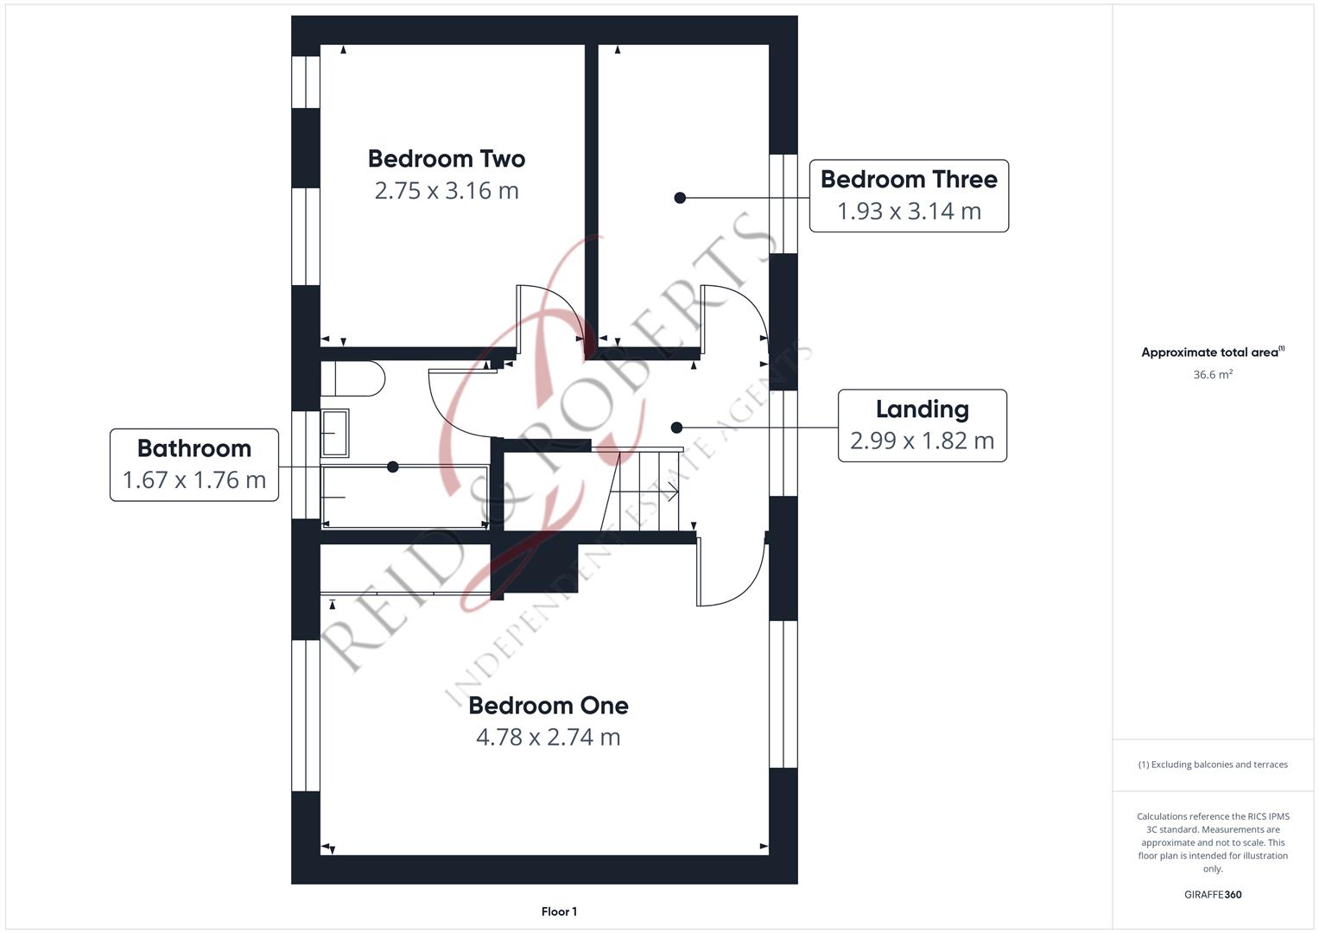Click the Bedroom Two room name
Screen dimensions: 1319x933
[447, 159]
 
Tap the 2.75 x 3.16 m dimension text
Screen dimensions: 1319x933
[447, 191]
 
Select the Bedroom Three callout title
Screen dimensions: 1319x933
[909, 179]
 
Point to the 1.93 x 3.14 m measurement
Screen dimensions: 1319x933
[909, 211]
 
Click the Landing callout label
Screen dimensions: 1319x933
[923, 409]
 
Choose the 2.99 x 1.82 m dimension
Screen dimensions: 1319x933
[923, 441]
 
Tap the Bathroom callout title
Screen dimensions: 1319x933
[194, 448]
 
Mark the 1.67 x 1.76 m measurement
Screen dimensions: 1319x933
[194, 480]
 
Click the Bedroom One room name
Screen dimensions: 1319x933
[549, 706]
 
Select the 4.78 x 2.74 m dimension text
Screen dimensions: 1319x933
[549, 737]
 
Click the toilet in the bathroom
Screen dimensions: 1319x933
[352, 378]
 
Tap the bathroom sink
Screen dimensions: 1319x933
[334, 433]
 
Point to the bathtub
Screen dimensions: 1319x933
[404, 497]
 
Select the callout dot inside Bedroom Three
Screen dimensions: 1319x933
[680, 198]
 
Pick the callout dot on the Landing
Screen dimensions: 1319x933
[676, 428]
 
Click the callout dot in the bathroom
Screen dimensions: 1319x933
[393, 467]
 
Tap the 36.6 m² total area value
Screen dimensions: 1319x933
[1213, 375]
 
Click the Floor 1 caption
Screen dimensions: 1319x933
[559, 911]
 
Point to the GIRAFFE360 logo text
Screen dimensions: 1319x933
[1213, 895]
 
